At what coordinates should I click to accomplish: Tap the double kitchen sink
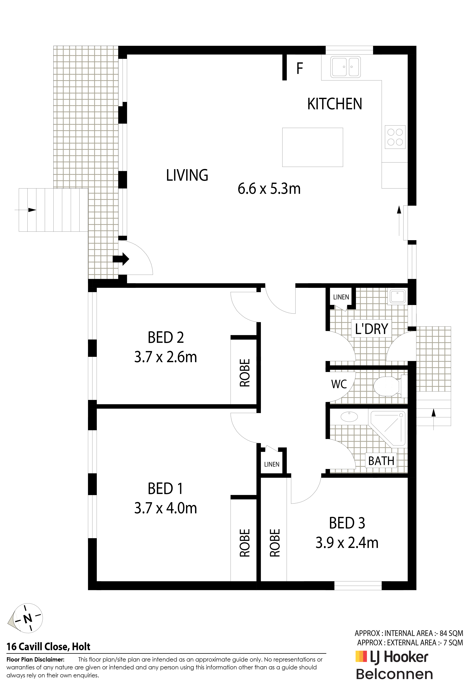tap(345, 67)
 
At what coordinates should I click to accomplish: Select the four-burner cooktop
tap(395, 137)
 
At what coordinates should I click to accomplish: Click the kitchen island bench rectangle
tap(313, 147)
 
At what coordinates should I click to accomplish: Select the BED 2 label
tap(166, 338)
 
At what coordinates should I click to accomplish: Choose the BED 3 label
tap(347, 523)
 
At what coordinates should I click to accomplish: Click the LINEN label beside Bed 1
tap(272, 464)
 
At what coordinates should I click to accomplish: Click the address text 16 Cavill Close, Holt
tap(49, 647)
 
